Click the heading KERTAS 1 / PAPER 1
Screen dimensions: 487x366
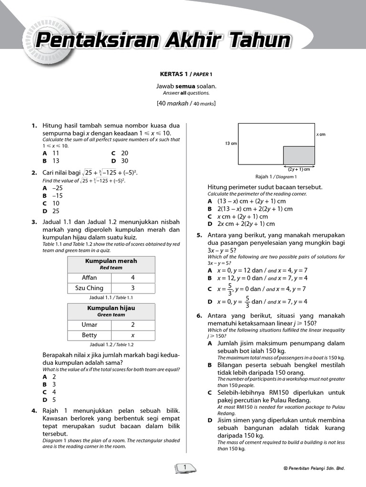coord(185,74)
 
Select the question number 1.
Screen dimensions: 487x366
coord(34,126)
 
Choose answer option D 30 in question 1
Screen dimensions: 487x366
coord(120,161)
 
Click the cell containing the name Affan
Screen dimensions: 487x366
coord(89,278)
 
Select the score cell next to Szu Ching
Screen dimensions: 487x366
coord(132,288)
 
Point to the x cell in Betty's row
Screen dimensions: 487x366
coord(132,335)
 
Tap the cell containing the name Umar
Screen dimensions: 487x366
coord(89,325)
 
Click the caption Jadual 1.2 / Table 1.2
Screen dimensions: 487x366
coord(112,344)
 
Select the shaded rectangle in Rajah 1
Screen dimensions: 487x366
coord(299,156)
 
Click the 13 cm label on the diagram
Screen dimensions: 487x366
coord(231,144)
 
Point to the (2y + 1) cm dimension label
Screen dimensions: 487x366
coord(299,169)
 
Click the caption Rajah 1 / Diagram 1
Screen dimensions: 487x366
coord(276,176)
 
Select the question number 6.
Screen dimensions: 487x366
coord(199,316)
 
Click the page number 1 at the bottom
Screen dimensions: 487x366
coord(184,468)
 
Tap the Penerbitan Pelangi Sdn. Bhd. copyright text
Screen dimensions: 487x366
coord(314,468)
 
